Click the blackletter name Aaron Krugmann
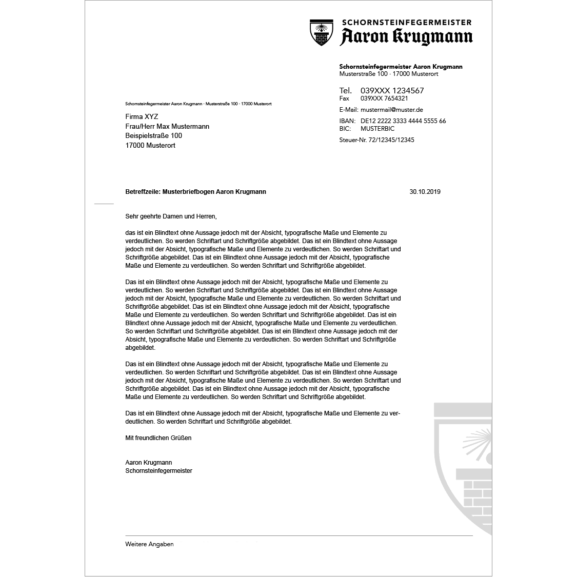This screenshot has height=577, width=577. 406,37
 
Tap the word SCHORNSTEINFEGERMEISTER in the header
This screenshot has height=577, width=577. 406,22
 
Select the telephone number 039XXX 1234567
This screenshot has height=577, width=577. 392,91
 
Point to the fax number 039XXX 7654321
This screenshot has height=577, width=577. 384,98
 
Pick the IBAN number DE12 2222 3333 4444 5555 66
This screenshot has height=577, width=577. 403,121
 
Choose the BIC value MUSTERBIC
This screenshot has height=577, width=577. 377,129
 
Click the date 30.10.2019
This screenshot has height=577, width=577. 425,192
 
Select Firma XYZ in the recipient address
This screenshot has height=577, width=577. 142,117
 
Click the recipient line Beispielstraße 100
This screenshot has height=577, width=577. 153,136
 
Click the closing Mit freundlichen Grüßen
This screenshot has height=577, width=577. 158,438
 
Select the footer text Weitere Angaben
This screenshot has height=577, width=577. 149,544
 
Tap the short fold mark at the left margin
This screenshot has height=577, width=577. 104,204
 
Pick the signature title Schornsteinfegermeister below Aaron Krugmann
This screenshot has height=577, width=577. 158,471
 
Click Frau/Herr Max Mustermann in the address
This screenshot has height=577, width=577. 167,126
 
